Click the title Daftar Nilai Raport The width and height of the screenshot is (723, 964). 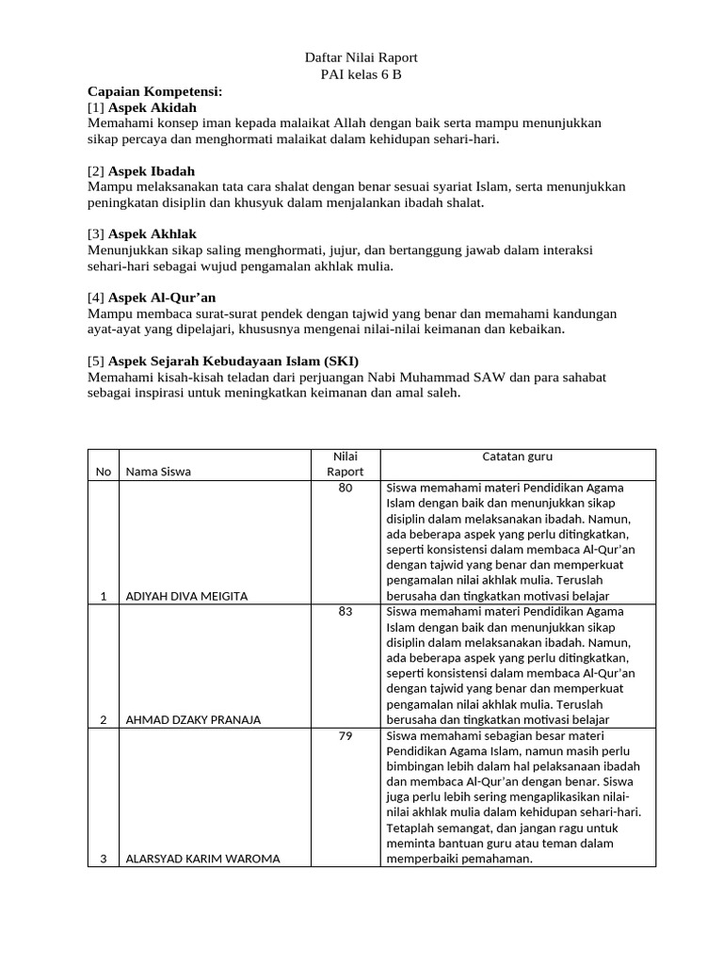361,57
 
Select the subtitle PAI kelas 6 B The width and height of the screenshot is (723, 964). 361,74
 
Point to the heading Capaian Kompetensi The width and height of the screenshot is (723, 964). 155,91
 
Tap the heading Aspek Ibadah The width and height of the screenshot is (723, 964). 152,170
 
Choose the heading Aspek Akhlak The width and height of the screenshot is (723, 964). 153,233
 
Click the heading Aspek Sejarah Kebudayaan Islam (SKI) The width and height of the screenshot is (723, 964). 233,361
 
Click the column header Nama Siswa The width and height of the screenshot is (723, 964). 158,472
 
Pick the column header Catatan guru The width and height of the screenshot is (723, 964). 518,457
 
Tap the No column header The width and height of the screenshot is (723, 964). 103,472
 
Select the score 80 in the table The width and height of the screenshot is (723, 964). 345,488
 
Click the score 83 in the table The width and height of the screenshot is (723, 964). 345,611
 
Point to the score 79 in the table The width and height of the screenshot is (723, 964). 345,734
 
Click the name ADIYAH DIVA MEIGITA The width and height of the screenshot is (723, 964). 186,596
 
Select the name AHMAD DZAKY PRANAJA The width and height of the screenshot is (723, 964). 193,719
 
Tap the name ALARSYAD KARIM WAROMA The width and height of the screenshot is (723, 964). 202,859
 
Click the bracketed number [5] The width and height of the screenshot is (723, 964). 96,361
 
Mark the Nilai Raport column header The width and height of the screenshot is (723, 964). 345,464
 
